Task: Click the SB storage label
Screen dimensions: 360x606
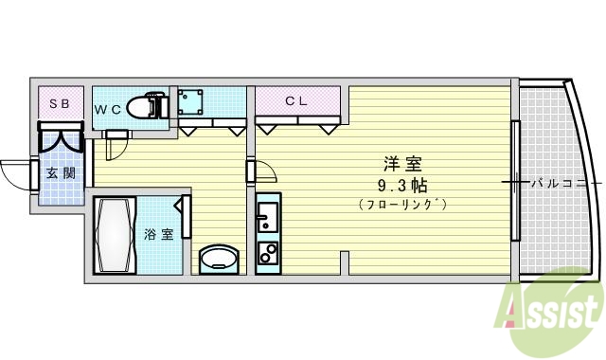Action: point(59,103)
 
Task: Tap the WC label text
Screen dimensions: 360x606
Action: point(107,109)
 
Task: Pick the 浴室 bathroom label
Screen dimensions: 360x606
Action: point(158,234)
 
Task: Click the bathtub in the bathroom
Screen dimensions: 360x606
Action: point(116,233)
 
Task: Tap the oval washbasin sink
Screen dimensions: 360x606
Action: point(222,259)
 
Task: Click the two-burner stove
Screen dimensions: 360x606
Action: point(265,254)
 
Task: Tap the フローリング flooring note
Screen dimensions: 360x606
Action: point(402,204)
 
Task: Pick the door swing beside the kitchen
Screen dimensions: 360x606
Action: point(266,172)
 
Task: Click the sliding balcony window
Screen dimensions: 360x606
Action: point(515,180)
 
